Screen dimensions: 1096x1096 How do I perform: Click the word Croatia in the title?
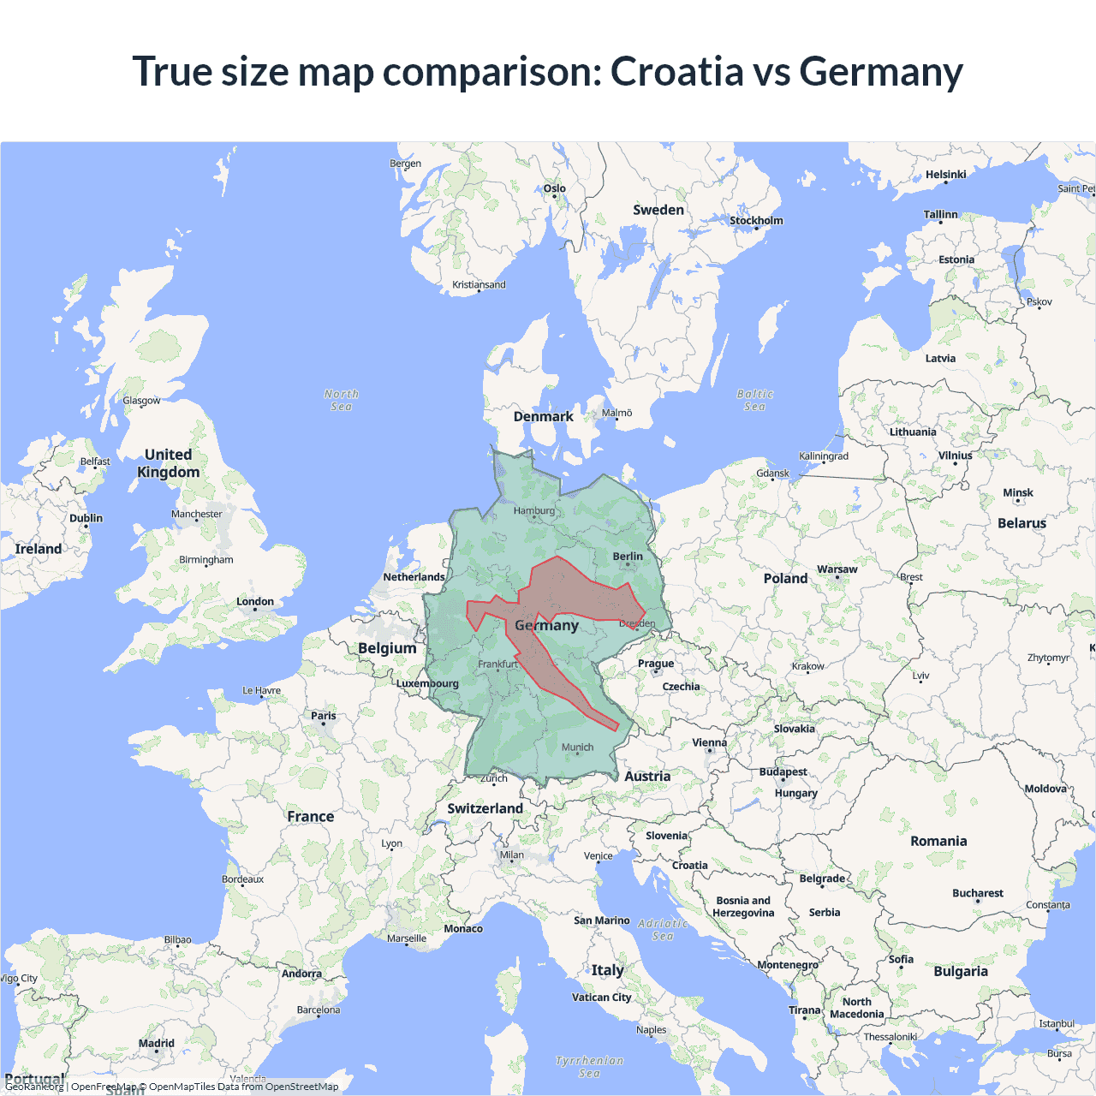[x=676, y=71]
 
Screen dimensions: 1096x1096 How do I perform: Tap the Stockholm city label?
[x=756, y=221]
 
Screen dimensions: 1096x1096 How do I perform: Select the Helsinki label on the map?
[x=945, y=175]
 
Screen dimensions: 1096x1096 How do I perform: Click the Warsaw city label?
[x=837, y=569]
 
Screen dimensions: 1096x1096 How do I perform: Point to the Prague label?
[x=656, y=664]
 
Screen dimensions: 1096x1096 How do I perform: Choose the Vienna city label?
[x=709, y=743]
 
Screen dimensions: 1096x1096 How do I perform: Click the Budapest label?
[x=783, y=772]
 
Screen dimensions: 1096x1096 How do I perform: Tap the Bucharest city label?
[x=977, y=893]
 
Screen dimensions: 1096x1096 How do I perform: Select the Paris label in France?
[x=324, y=716]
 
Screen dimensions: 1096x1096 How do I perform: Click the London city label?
[x=255, y=602]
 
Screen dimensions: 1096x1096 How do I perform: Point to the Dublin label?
[x=86, y=518]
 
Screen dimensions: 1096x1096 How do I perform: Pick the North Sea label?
[x=341, y=400]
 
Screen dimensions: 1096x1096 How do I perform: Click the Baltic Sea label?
[x=754, y=400]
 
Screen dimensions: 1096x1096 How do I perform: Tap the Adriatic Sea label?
[x=663, y=929]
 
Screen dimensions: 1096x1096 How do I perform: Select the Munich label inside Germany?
[x=577, y=748]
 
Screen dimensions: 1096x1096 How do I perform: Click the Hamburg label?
[x=534, y=511]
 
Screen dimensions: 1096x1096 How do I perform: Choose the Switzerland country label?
[x=485, y=808]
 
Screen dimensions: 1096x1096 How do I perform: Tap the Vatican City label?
[x=601, y=998]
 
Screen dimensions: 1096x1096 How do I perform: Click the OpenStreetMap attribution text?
[x=301, y=1087]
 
